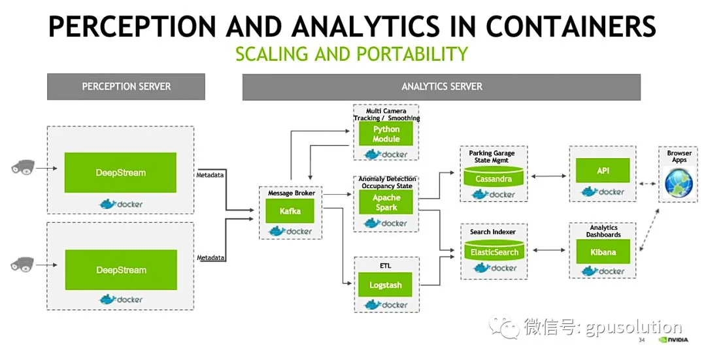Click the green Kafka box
tap(290, 211)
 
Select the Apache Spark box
tap(386, 202)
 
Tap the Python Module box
tap(386, 134)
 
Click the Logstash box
tap(385, 285)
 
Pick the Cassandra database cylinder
tap(494, 176)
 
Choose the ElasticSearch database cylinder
tap(494, 250)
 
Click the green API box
tap(603, 171)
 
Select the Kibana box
tap(603, 252)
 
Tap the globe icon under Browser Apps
tap(679, 182)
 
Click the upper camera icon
tap(22, 167)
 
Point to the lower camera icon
tap(22, 264)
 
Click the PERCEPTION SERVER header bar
tap(126, 86)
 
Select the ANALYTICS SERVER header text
tap(442, 86)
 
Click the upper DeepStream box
tap(120, 172)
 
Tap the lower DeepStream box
tap(121, 270)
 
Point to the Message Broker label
tap(292, 193)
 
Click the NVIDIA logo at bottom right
tap(673, 340)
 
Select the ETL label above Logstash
tap(386, 266)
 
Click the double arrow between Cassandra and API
tap(548, 176)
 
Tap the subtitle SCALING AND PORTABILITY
tap(352, 54)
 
